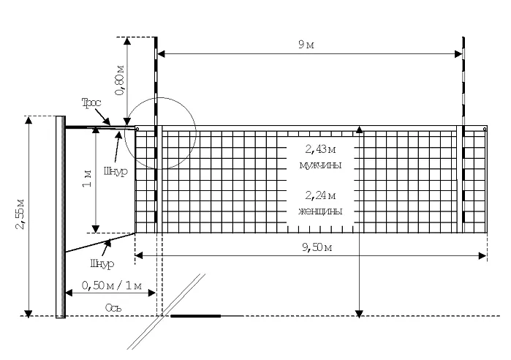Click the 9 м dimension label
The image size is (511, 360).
point(306,45)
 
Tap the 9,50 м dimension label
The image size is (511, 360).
point(317,247)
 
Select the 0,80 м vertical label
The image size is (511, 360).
point(120,80)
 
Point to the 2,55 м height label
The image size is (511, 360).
point(20,214)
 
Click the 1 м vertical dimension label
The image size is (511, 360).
point(87,179)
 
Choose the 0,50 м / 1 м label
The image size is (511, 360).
point(111,285)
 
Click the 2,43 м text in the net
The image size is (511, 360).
point(320,149)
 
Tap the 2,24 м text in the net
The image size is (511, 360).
point(320,195)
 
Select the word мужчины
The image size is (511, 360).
point(320,165)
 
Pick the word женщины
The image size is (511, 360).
point(320,211)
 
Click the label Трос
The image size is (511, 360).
point(91,102)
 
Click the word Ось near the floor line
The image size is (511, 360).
point(113,307)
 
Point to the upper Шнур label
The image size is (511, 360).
point(116,171)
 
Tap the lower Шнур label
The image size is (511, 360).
point(102,263)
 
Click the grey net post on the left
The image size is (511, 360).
point(61,217)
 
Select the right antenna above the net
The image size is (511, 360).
point(463,81)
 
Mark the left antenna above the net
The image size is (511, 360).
point(156,81)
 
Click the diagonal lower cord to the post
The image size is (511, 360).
point(100,243)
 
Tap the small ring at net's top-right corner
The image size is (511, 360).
point(485,129)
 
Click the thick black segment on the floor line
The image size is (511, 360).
point(195,315)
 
